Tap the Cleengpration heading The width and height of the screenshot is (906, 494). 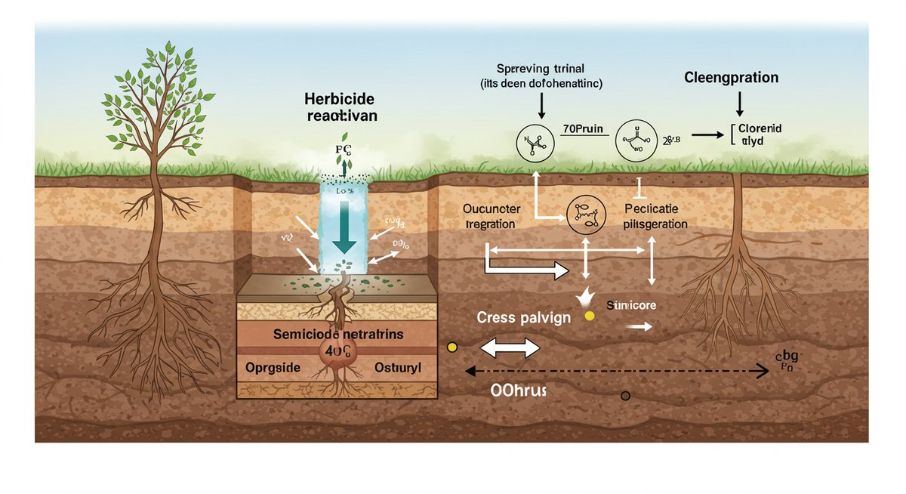[x=731, y=78]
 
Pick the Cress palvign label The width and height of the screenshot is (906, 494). [x=524, y=317]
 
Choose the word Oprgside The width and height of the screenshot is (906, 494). [x=273, y=367]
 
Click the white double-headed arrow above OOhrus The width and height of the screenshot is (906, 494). [x=510, y=347]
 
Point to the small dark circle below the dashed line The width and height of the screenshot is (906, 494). [x=624, y=396]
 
